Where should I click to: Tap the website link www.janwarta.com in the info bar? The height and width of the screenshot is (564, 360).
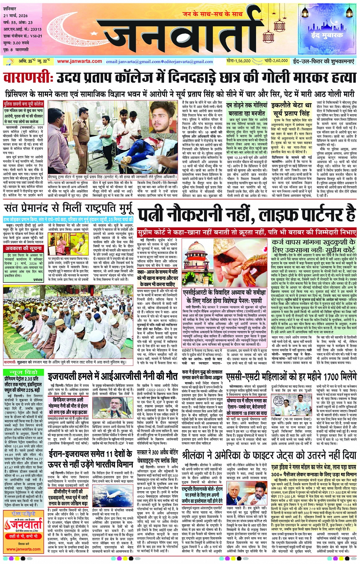coord(79,61)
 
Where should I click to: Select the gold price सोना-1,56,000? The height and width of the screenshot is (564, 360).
coord(238,61)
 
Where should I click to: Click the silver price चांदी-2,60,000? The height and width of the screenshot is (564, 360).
coord(277,61)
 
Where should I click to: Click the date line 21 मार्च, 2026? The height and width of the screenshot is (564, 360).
coord(16,16)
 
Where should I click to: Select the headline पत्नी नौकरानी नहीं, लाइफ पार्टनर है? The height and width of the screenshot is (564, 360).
coord(247,214)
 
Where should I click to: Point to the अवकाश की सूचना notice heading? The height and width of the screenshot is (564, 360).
coord(19,248)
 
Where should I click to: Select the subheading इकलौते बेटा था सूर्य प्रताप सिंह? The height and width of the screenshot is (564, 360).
coord(292,109)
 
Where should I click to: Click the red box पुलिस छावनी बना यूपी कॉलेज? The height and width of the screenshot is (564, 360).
coord(24,104)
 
